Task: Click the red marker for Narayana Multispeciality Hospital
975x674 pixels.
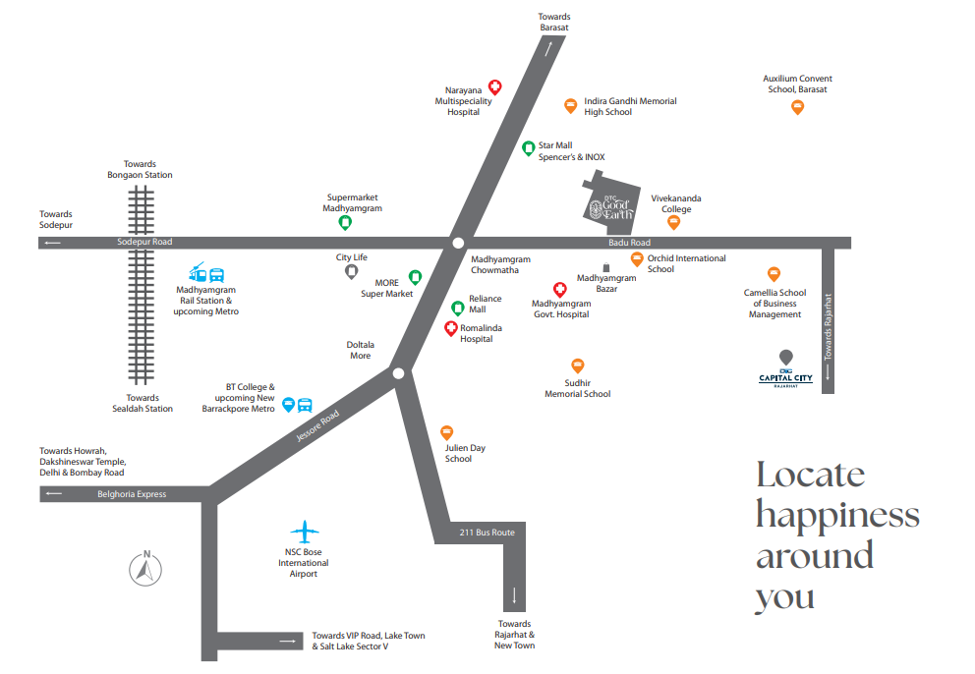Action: tap(494, 87)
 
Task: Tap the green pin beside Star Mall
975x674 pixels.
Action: tap(528, 148)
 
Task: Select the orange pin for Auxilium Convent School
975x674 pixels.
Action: tap(797, 107)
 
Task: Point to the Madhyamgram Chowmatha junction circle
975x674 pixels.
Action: tap(458, 243)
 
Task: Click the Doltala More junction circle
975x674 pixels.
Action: tap(399, 373)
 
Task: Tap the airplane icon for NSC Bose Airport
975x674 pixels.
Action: tap(304, 532)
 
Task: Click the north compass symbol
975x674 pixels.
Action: tap(145, 568)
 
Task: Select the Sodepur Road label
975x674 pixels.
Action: tap(144, 242)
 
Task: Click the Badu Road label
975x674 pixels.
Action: tap(629, 243)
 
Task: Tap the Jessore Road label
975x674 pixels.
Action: tap(317, 425)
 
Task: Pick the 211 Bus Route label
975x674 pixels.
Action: tap(487, 533)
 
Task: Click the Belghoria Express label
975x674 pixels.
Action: tap(132, 494)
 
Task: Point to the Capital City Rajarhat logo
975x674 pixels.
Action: tap(786, 370)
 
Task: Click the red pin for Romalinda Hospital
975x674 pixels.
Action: tap(451, 328)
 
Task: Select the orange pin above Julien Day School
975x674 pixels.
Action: tap(446, 432)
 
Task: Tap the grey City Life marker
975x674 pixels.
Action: tap(351, 272)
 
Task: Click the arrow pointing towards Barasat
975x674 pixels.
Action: tap(548, 48)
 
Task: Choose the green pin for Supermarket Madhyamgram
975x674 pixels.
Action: tap(345, 223)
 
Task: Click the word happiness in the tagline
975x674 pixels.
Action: tap(837, 516)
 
